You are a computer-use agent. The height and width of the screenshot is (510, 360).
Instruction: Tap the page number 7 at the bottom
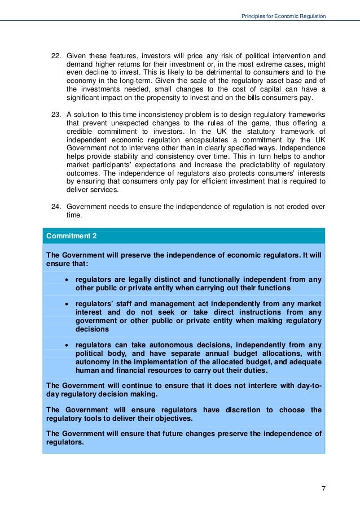tap(323, 489)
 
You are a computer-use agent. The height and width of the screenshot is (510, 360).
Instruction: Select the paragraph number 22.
tap(56, 56)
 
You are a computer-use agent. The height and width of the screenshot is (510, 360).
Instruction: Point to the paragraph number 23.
tap(56, 115)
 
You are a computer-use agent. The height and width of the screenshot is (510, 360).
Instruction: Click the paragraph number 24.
tap(56, 207)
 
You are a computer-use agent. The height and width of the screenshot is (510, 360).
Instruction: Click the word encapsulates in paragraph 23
tap(200, 138)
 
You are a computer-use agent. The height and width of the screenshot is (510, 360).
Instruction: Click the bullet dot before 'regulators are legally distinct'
tap(68, 280)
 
